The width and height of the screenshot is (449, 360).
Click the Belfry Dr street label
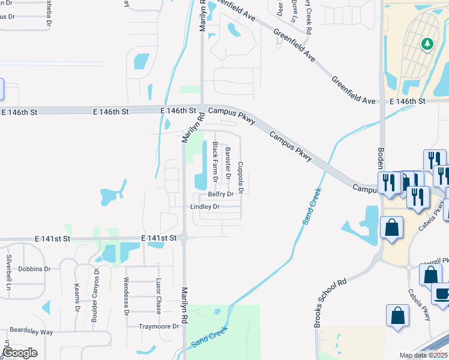point(220,194)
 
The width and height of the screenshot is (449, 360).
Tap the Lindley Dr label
point(205,207)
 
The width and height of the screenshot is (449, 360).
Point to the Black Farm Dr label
point(214,162)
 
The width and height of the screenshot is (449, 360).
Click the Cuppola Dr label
point(240,178)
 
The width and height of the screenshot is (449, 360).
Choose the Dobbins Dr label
point(34,269)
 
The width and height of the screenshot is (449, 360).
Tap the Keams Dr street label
point(76,298)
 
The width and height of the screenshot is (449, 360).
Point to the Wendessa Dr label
point(125,296)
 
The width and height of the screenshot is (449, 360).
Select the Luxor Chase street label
point(158,292)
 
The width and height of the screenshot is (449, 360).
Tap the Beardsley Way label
point(31,332)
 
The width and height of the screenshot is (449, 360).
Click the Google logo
point(20,353)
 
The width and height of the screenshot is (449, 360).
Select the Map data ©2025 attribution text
point(423,356)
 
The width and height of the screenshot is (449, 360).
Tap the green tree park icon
point(427,43)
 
